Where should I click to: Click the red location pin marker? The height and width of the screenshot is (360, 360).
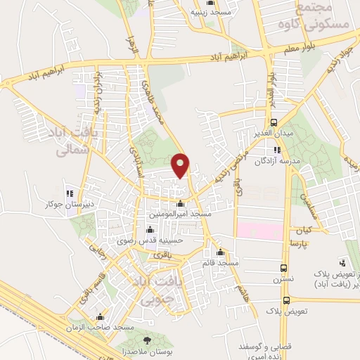[181, 165]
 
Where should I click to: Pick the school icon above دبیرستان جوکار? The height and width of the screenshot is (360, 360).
[69, 194]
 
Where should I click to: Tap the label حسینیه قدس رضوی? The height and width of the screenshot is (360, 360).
[150, 240]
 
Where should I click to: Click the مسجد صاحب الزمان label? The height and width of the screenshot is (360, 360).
[102, 328]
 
